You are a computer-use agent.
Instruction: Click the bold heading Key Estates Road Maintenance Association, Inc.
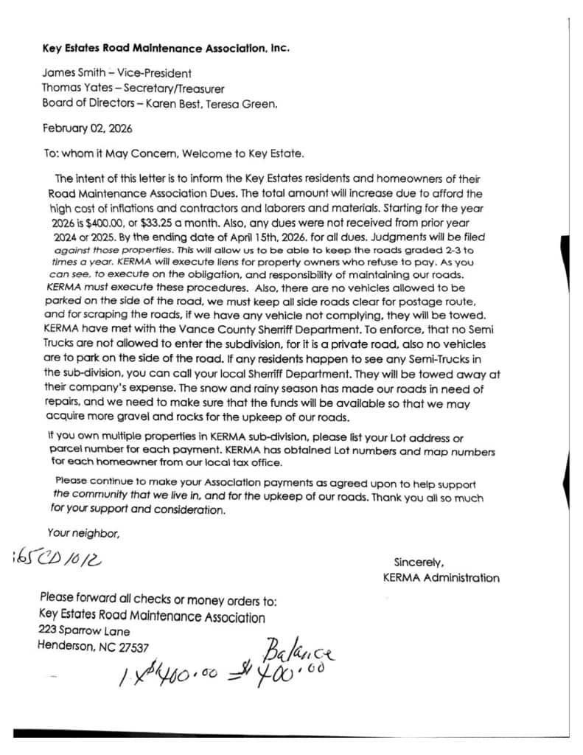click(166, 49)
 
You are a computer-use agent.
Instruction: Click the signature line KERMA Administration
click(441, 577)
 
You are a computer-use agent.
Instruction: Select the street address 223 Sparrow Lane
click(83, 631)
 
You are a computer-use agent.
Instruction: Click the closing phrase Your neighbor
click(83, 532)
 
